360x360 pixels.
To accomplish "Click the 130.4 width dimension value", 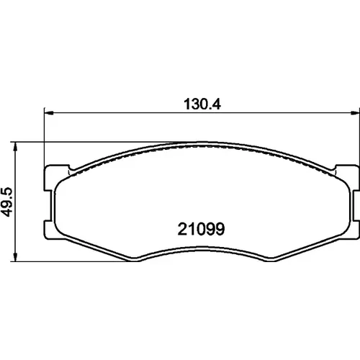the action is pos(202,104).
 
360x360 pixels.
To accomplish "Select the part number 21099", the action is pos(201,229).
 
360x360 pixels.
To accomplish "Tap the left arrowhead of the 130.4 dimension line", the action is pos(49,112).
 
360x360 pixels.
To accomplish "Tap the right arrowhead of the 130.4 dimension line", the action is pos(354,112).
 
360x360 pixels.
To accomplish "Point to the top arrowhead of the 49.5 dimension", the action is pos(15,146).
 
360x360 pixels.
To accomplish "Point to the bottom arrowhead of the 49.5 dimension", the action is pos(15,257).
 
